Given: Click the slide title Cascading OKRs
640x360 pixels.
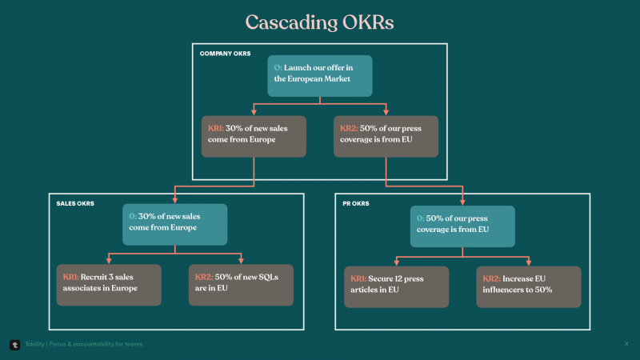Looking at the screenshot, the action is (319, 22).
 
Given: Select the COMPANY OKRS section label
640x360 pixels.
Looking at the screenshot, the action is (225, 54).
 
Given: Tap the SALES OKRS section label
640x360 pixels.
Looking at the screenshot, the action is (75, 203).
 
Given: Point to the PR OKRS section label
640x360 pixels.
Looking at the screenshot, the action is (355, 203).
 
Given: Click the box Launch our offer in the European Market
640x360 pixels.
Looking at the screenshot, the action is (319, 76).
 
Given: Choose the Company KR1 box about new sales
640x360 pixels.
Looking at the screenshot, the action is (254, 136).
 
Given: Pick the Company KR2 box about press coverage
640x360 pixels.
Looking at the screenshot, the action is (386, 136).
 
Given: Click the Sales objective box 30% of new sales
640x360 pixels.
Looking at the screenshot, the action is (174, 225).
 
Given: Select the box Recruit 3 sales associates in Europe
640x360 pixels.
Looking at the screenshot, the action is (109, 285).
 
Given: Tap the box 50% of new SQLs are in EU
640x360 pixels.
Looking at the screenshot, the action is (241, 285).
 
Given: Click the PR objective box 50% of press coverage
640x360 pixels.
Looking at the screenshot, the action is (462, 226).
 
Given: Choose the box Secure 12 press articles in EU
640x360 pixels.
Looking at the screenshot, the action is (396, 287).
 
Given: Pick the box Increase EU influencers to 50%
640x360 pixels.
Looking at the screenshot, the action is (529, 287).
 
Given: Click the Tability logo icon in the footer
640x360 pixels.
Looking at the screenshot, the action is (14, 345).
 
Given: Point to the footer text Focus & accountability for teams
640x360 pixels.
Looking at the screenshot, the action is (96, 344).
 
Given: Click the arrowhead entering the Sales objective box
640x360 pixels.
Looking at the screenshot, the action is (174, 201).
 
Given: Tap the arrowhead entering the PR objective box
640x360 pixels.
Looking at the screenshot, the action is (462, 202).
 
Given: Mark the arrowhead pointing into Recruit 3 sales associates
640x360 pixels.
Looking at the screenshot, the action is (109, 261).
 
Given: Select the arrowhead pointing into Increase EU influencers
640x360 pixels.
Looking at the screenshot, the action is (529, 263).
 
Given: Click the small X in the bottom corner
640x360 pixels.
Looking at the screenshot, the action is (626, 344).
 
